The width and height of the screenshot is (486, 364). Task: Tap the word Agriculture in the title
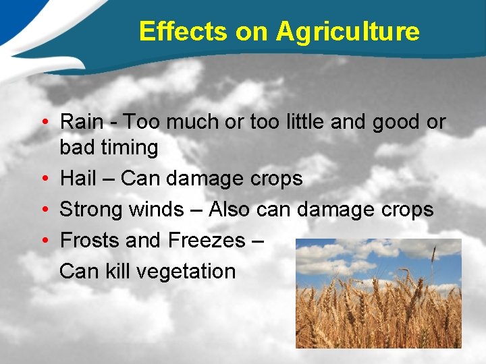[x=347, y=32]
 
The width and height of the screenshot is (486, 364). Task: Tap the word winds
[x=156, y=210]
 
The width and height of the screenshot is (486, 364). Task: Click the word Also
[x=230, y=210]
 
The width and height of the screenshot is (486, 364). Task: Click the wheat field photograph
[x=378, y=293]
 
